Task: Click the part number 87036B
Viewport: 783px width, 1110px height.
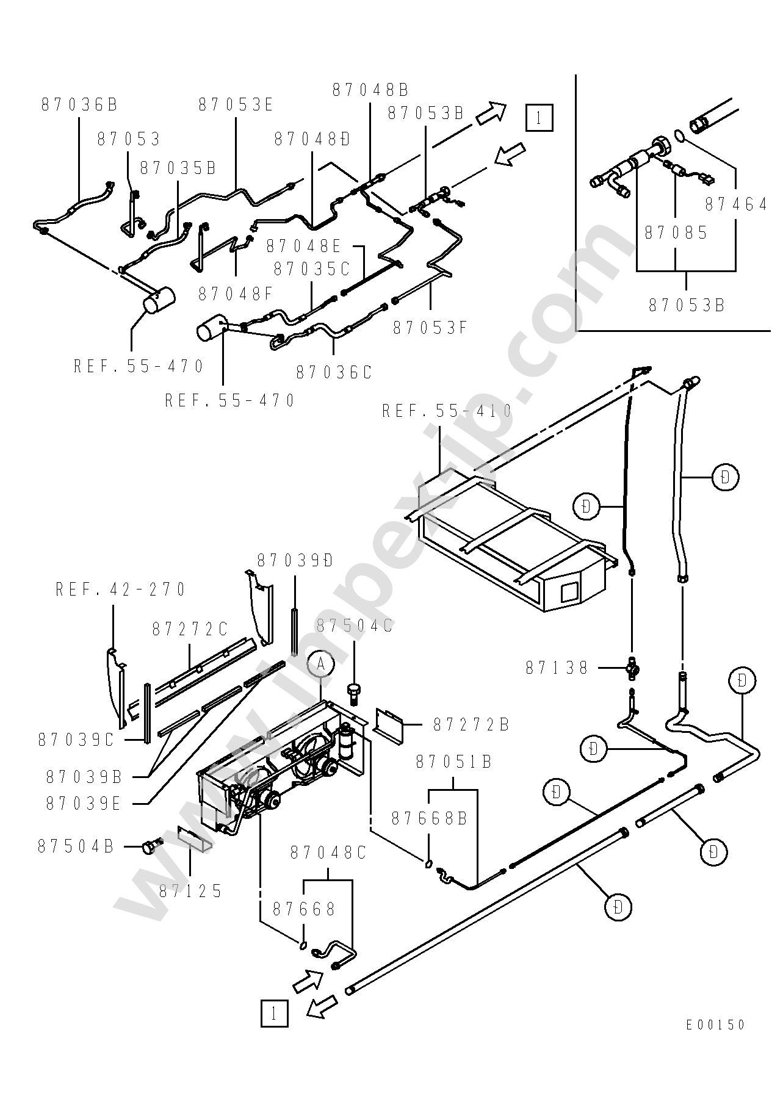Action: point(79,105)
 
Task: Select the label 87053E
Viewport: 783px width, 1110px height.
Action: point(236,105)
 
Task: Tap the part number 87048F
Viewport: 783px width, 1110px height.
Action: point(236,294)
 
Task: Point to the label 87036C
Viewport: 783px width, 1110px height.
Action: point(334,372)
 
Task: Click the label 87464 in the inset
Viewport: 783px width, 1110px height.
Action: point(736,204)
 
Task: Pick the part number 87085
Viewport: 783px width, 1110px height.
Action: point(676,232)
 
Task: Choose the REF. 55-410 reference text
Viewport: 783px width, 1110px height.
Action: point(447,411)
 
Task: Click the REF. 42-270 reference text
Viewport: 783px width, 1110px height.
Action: point(120,589)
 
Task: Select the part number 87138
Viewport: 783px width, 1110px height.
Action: point(557,668)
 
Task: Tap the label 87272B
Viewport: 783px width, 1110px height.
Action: point(471,725)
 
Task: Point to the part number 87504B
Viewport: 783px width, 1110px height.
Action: point(76,846)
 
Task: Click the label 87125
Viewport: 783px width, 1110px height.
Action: point(191,891)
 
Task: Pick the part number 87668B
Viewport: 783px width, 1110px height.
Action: point(429,818)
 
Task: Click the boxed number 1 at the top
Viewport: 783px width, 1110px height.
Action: point(539,118)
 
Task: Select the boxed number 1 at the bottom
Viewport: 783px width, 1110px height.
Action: point(274,1014)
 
